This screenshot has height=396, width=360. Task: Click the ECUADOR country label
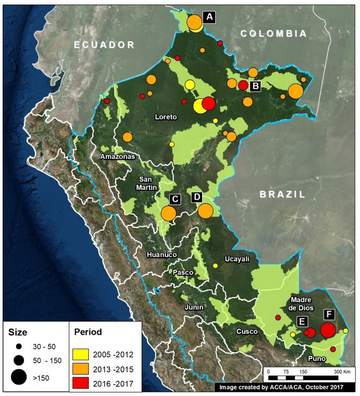tap(104, 44)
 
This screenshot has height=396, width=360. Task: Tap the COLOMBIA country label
tap(274, 34)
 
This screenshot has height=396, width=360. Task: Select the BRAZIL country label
tap(282, 194)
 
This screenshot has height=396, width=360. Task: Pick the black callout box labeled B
tap(255, 86)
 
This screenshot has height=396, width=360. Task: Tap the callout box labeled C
tap(175, 199)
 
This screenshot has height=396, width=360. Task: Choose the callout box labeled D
tap(197, 197)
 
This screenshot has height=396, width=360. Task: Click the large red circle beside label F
tap(328, 330)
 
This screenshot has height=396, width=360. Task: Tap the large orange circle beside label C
tap(168, 213)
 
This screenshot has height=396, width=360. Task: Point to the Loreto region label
tap(166, 116)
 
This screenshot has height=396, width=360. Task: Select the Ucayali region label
tap(237, 259)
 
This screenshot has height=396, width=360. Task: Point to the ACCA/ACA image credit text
tap(281, 387)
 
